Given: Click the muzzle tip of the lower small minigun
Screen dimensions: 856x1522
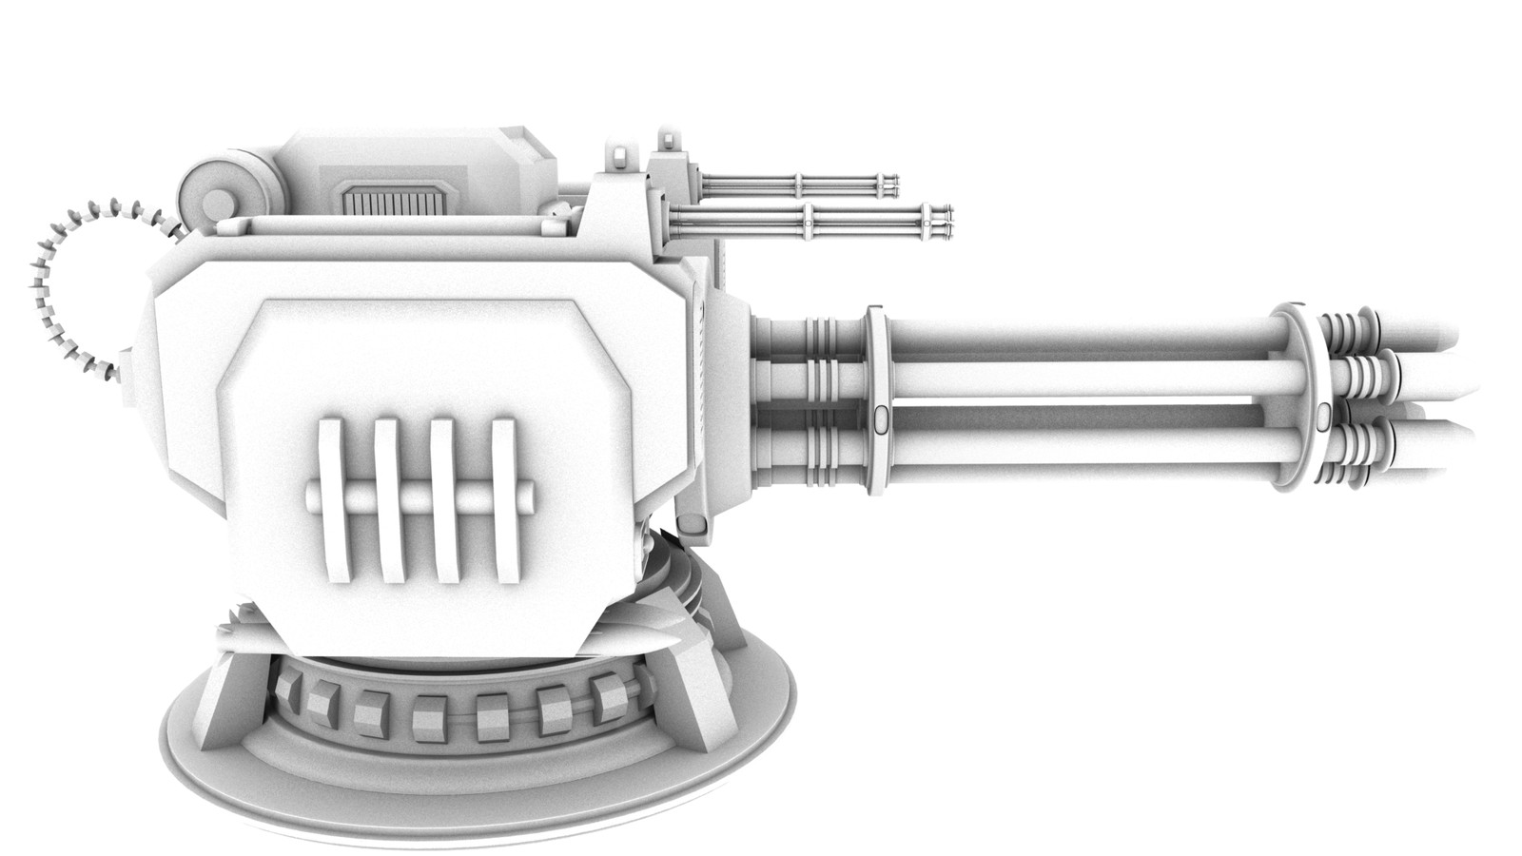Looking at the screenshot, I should [947, 222].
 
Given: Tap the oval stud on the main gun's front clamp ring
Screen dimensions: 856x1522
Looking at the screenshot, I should [1325, 412].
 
